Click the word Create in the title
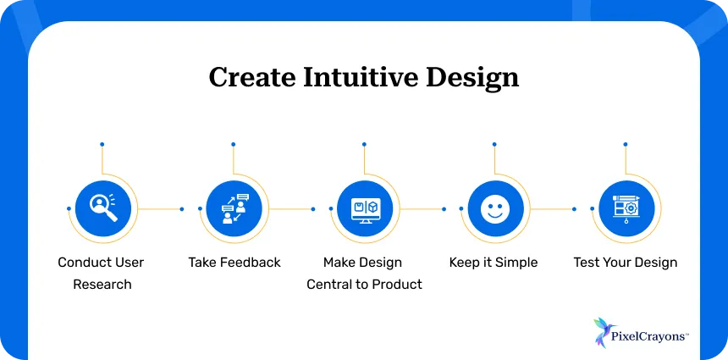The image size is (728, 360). pos(248,78)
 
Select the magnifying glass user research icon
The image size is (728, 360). pos(102,208)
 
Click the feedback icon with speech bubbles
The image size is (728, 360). pos(233,208)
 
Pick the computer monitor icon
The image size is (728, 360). pos(364,208)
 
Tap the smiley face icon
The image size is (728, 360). pos(494,208)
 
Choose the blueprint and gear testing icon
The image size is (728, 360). pos(626,208)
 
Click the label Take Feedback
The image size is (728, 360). pos(234,263)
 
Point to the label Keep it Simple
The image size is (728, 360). pos(494,263)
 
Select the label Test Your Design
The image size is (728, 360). pos(626,263)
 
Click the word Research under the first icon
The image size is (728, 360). pos(102,285)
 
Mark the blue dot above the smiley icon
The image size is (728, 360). pos(494,144)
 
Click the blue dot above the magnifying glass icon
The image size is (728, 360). pos(102,144)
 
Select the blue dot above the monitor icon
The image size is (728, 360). pos(364,144)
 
